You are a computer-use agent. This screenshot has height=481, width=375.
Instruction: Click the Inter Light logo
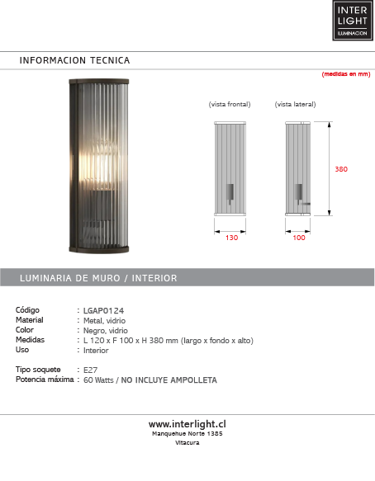point(353,21)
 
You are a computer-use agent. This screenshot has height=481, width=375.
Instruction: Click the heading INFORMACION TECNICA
point(74,60)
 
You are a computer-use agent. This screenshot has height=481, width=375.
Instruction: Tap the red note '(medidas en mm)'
point(345,74)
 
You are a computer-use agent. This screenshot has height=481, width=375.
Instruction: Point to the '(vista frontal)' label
point(229,105)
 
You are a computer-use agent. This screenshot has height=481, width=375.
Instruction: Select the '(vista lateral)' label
point(295,105)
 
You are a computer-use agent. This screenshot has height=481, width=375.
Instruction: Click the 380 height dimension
point(341,169)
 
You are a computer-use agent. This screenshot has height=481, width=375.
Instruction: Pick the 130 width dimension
point(232,237)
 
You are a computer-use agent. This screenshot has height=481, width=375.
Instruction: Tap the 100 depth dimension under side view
point(298,237)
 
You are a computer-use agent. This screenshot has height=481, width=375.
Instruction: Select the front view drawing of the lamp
point(232,168)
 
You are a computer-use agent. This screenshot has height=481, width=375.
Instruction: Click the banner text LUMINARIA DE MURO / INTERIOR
point(98,278)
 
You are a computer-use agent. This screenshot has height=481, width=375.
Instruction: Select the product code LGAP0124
point(103,310)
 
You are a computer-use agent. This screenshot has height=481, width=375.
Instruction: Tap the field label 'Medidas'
point(30,340)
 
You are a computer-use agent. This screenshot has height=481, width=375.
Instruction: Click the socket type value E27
point(92,370)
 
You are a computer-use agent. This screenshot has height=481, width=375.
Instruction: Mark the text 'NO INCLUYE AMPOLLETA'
point(169,380)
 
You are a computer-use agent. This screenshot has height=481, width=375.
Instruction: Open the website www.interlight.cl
point(187,423)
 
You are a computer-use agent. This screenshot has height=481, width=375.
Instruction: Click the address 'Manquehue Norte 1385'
point(187,433)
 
